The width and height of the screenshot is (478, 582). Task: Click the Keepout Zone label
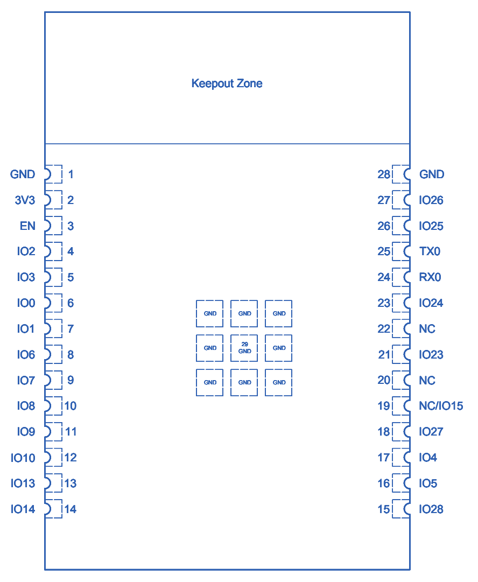coord(227,83)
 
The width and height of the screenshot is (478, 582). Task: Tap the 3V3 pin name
coord(25,200)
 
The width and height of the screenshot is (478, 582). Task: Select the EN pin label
coord(27,226)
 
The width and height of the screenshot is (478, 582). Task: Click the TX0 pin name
coord(430,251)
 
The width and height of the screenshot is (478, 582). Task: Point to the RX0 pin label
coord(430,277)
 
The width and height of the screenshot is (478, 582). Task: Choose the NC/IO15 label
coord(440,406)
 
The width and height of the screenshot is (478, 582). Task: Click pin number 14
coord(70,509)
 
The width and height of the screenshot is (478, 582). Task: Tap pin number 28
coord(384,174)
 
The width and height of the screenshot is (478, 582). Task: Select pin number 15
coord(384,509)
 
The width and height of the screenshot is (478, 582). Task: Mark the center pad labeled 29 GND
coord(244,348)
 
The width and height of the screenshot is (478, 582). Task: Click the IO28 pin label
coord(431,509)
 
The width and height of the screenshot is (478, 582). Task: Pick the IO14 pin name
coord(23,509)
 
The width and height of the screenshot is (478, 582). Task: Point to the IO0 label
coord(25,303)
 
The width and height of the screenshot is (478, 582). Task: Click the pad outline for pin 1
coord(53,174)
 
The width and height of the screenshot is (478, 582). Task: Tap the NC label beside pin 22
coord(427,329)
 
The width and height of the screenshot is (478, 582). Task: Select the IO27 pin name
coord(431,432)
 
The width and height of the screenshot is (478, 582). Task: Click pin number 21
coord(384,355)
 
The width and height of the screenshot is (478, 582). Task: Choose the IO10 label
coord(23,458)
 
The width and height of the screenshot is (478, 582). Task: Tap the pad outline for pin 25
coord(401,251)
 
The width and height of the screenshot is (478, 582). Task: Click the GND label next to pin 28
coord(431,174)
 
